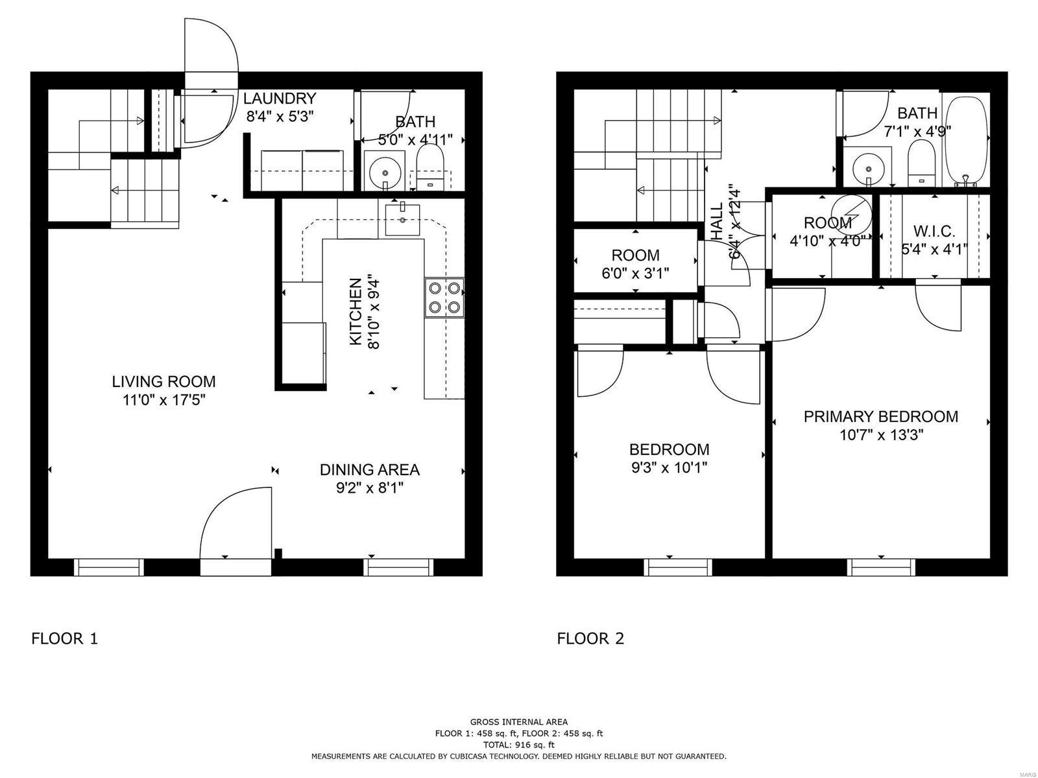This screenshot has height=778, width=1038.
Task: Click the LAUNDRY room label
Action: coord(280,99)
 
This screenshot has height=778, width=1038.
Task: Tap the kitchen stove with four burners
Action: coord(444,297)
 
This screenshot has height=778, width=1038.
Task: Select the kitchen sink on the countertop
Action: coord(403,218)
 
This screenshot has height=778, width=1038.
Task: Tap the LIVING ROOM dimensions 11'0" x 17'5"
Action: coord(163,400)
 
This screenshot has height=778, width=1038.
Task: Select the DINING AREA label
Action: coord(369,469)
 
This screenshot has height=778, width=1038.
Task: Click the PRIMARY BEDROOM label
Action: coord(880,417)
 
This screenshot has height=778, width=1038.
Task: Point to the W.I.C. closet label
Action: coord(934,231)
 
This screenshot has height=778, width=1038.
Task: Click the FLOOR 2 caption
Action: coord(590,639)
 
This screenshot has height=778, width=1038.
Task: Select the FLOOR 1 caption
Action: coord(64,639)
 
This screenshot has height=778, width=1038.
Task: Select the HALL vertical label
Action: coord(718,222)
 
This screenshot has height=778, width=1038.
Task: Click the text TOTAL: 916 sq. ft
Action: coord(518,745)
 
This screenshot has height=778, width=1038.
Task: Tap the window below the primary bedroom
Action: coord(882,567)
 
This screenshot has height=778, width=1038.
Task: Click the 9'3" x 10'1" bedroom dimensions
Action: coord(669,467)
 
